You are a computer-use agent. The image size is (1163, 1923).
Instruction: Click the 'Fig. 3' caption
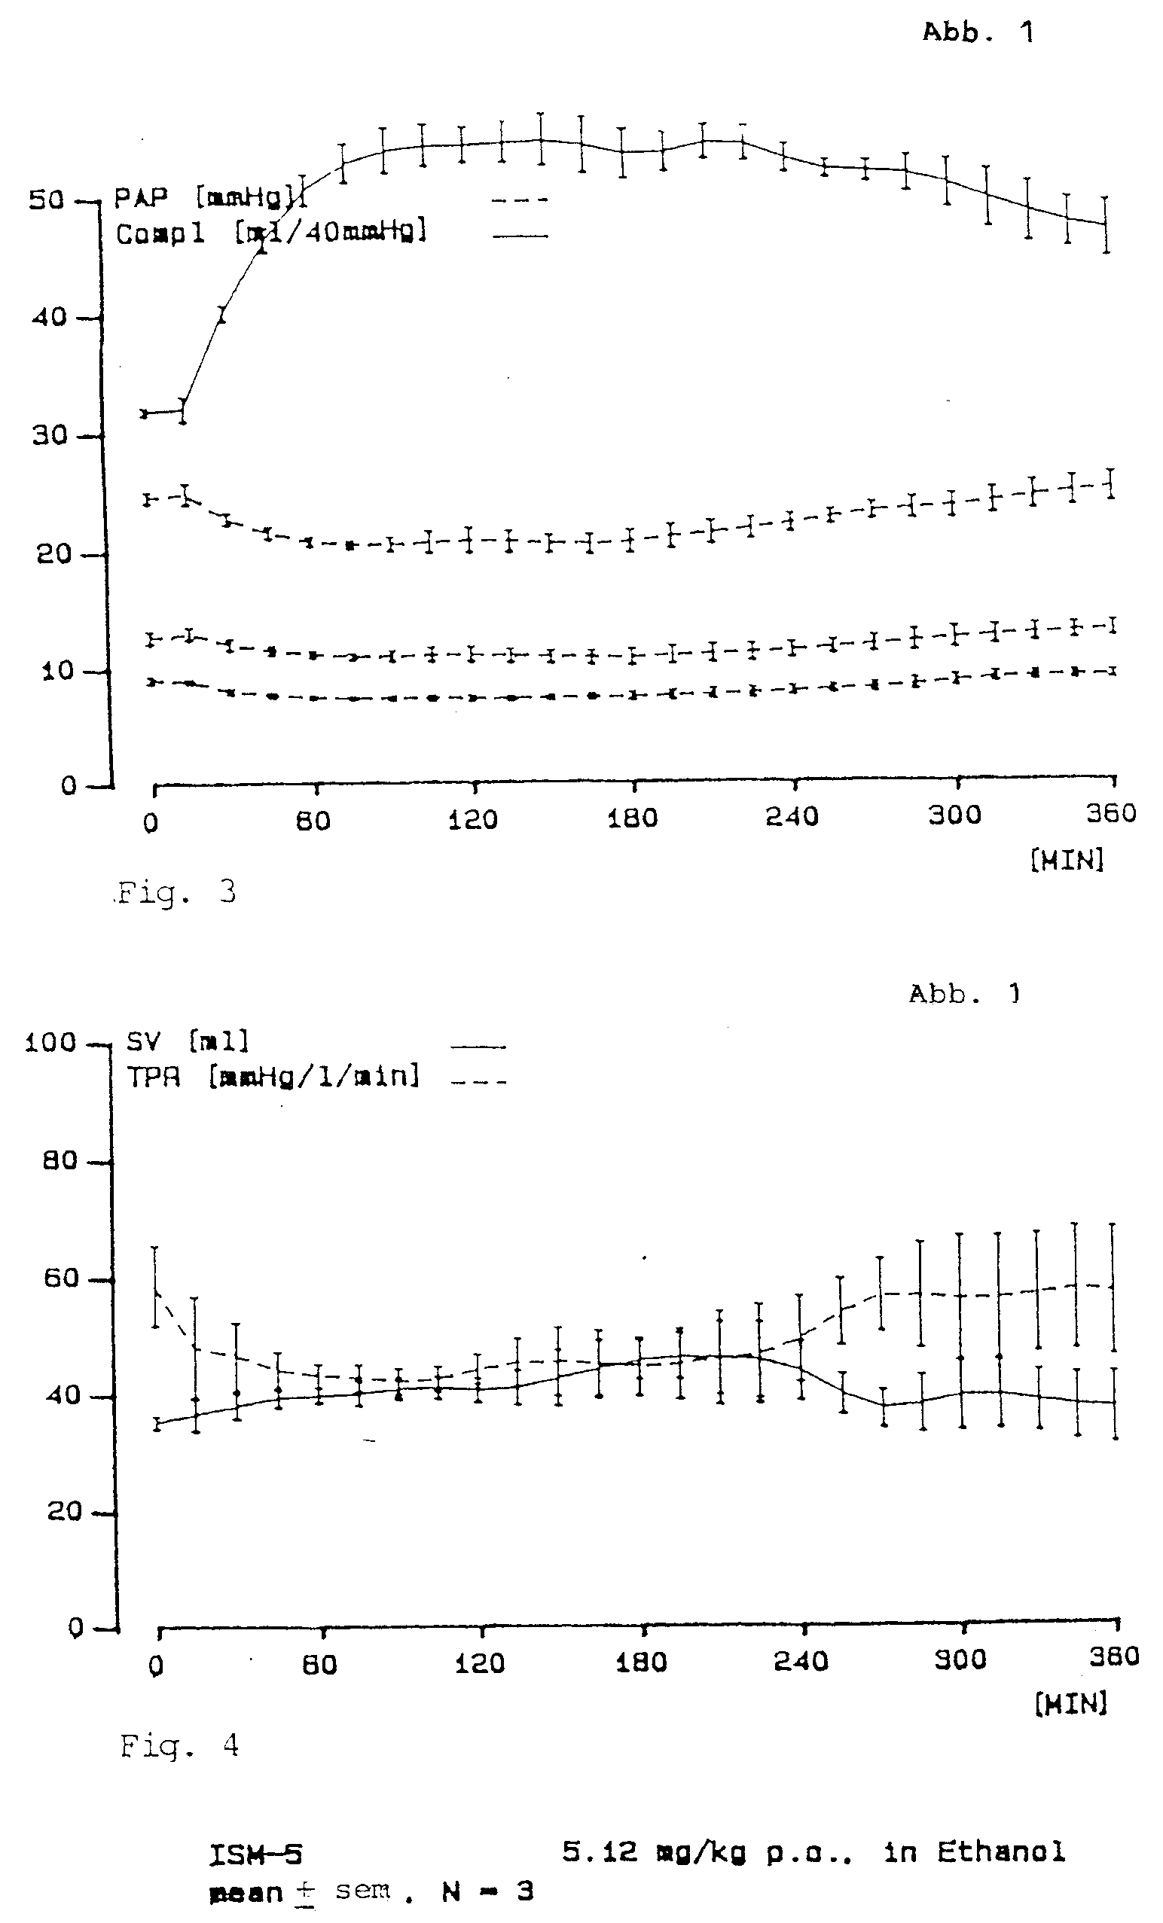(x=176, y=891)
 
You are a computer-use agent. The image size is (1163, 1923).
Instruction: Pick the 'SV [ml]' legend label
(x=188, y=1041)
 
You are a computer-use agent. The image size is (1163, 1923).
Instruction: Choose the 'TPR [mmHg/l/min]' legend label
(x=273, y=1077)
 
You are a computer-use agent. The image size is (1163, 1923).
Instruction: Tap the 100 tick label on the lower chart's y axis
(x=50, y=1043)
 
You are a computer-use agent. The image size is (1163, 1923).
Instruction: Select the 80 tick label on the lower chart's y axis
(x=60, y=1160)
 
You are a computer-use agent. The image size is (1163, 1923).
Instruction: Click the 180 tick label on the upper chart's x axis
(x=632, y=818)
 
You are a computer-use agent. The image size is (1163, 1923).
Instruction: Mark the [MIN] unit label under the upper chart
(x=1067, y=860)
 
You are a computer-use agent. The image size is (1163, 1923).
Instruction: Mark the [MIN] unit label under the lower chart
(x=1071, y=1704)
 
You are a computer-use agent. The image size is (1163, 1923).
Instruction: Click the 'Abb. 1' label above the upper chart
(x=978, y=32)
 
